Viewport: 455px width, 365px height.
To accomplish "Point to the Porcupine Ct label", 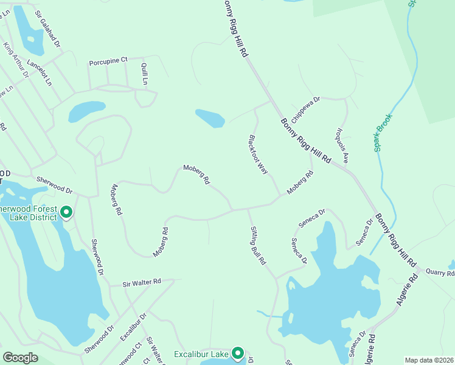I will (108, 60).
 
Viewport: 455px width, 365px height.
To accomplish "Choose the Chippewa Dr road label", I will (305, 105).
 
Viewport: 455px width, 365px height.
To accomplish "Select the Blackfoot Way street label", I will (258, 155).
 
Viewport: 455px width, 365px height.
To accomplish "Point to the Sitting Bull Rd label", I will (259, 245).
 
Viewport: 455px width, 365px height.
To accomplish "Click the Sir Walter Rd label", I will (141, 282).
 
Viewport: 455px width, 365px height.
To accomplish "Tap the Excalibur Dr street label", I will (133, 327).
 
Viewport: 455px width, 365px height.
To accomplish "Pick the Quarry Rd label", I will (440, 273).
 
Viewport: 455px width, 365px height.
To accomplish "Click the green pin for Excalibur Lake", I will (238, 353).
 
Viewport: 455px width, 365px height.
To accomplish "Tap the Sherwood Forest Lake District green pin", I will (67, 212).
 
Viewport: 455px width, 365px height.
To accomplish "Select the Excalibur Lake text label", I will (201, 354).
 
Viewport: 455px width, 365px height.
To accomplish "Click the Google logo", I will (20, 358).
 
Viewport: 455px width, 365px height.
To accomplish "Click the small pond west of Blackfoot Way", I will (210, 118).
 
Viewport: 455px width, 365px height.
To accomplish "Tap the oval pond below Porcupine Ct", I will (87, 111).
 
